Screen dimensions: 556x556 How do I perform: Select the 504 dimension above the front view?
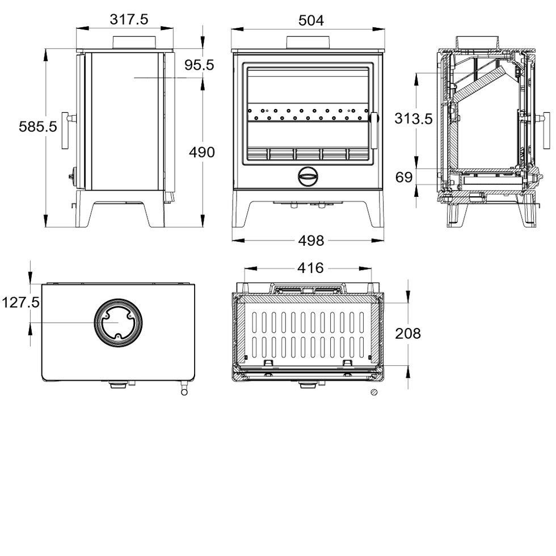click(311, 20)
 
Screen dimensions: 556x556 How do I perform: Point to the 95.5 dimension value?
click(199, 66)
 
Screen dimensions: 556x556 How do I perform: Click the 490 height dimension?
click(202, 152)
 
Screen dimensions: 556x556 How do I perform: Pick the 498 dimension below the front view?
click(311, 241)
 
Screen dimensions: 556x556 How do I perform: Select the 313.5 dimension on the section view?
click(413, 119)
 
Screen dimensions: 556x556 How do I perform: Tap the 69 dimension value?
click(404, 178)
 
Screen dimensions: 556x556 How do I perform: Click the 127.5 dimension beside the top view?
click(20, 303)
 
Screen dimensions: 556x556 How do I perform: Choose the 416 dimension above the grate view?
click(310, 267)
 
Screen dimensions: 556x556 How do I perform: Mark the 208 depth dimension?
click(408, 334)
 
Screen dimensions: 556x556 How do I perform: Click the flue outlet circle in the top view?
click(118, 321)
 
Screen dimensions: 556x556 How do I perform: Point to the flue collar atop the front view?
click(308, 43)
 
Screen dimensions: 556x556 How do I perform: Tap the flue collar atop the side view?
click(136, 43)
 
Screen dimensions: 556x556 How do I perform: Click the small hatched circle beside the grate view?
click(373, 392)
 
